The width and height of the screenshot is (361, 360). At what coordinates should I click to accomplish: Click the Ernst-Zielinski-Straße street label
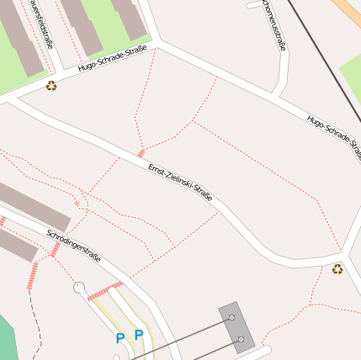(x=180, y=182)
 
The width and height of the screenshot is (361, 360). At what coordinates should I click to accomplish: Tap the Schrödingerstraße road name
(x=74, y=246)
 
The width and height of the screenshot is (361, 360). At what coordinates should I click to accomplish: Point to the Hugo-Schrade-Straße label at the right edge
(x=334, y=134)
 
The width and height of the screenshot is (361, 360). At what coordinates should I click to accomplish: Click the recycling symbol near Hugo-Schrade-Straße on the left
(x=51, y=85)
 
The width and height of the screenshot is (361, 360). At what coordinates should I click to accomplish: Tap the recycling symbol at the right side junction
(x=337, y=269)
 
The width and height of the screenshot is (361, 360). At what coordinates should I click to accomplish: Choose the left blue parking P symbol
(x=120, y=338)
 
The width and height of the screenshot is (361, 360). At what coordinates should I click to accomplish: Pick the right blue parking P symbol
(x=139, y=334)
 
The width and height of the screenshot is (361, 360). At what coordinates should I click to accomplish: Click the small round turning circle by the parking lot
(x=79, y=288)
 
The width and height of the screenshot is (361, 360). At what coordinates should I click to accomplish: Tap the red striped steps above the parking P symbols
(x=105, y=290)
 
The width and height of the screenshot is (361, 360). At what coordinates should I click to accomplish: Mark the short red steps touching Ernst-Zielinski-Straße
(x=141, y=153)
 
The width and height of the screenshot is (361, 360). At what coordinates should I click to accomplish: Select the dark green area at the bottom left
(x=7, y=336)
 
